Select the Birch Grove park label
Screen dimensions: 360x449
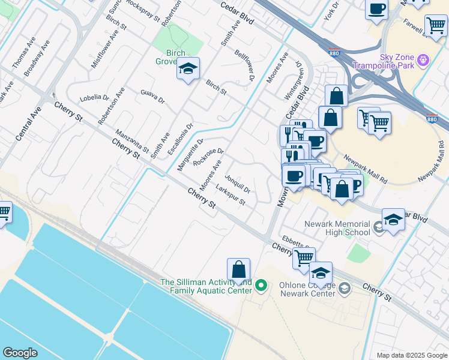point(171,57)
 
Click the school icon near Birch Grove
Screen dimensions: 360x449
point(188,70)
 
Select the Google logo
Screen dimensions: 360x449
point(20,353)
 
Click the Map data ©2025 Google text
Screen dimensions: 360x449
point(411,355)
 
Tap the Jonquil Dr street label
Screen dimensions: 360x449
point(237,184)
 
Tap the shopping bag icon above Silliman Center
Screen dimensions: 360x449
point(238,269)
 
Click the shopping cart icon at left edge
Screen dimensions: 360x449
point(4,212)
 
